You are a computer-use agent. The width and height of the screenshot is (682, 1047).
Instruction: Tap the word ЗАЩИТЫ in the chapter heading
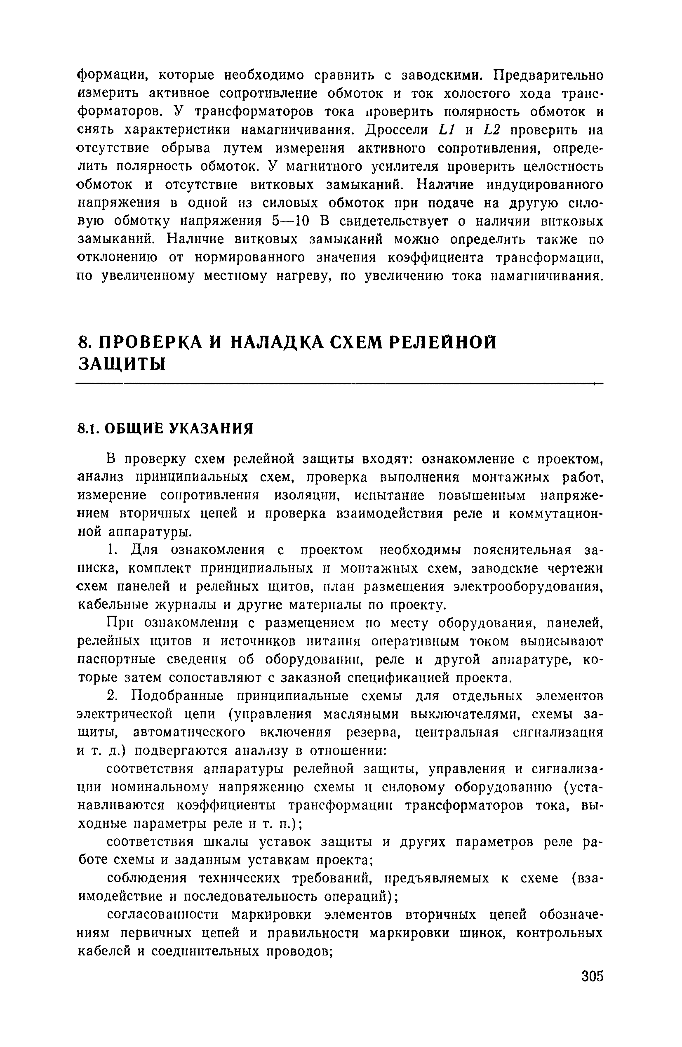122,363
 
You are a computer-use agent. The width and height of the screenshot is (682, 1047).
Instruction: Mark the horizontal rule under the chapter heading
339,384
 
